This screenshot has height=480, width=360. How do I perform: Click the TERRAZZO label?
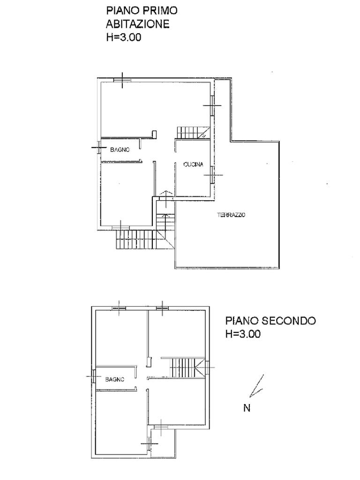pyautogui.click(x=231, y=215)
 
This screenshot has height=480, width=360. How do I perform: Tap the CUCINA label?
pyautogui.click(x=193, y=165)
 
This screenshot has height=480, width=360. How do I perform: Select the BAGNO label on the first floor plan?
pyautogui.click(x=120, y=150)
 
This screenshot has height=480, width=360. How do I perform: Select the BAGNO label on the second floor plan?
pyautogui.click(x=114, y=379)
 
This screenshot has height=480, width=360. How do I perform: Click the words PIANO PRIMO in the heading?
pyautogui.click(x=142, y=10)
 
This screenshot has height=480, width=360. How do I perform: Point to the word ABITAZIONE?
pyautogui.click(x=137, y=24)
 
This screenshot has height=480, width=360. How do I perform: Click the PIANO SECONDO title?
pyautogui.click(x=270, y=321)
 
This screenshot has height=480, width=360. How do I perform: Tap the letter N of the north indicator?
pyautogui.click(x=247, y=408)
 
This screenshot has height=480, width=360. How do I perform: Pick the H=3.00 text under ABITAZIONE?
pyautogui.click(x=124, y=37)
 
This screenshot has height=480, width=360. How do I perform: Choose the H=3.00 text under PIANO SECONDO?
pyautogui.click(x=243, y=333)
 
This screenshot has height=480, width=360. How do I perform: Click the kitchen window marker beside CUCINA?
pyautogui.click(x=212, y=175)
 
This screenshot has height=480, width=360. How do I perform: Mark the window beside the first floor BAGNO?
pyautogui.click(x=99, y=148)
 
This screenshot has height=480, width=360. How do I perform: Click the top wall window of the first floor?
pyautogui.click(x=122, y=80)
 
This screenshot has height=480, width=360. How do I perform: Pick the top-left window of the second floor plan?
pyautogui.click(x=119, y=308)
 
